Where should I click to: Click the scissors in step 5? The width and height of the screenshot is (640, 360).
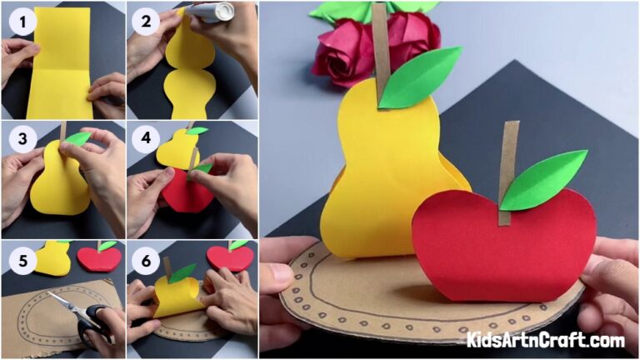(x=83, y=317)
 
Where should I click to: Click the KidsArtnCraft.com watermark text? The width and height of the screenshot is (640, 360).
(x=546, y=340)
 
